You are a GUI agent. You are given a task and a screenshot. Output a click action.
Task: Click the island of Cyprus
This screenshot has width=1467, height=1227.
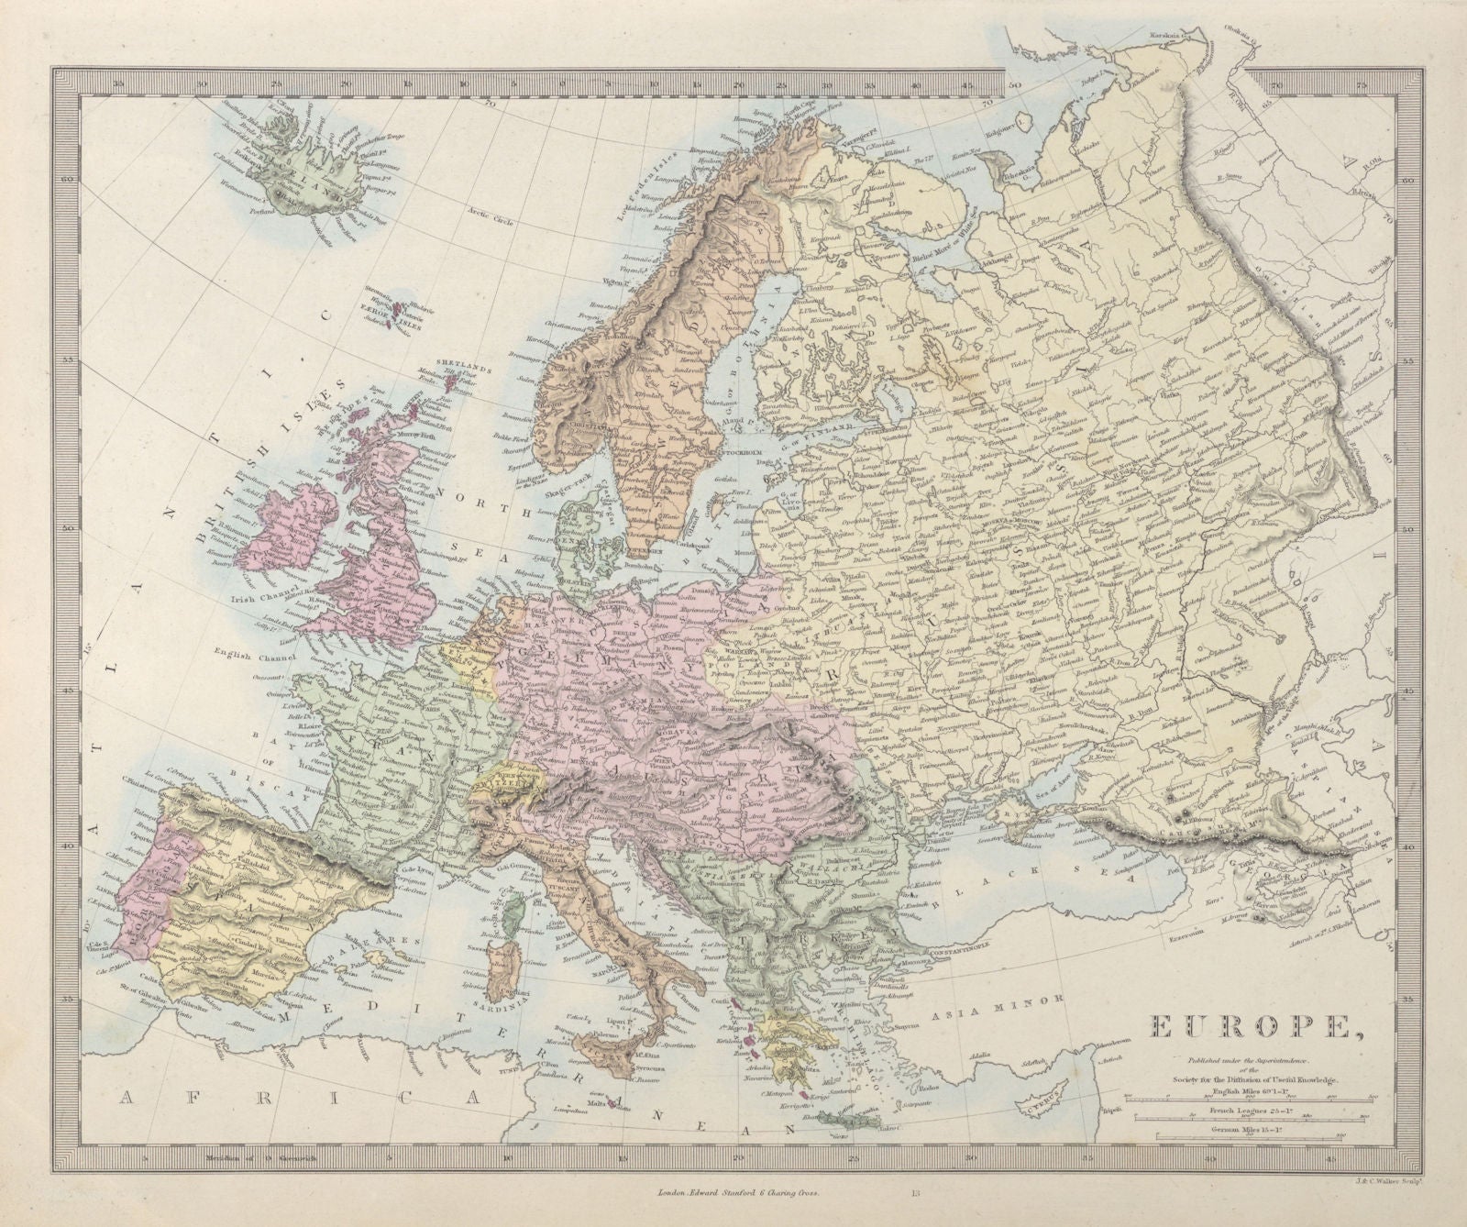(1052, 1095)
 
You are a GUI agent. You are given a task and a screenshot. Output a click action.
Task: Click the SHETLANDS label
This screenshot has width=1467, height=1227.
(459, 363)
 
